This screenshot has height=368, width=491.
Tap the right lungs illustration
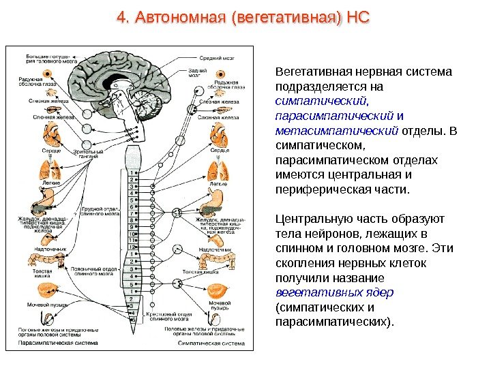tap(216, 168)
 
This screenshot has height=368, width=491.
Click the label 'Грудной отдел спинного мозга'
tap(95, 205)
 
